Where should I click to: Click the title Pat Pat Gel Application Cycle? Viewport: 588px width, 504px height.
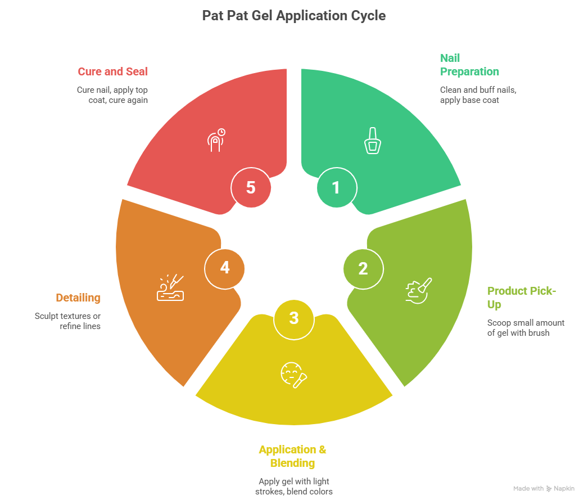293,15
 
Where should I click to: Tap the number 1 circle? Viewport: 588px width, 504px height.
336,187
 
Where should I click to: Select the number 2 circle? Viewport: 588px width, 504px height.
363,268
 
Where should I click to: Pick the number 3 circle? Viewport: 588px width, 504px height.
293,318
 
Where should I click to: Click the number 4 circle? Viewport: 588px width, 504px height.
224,268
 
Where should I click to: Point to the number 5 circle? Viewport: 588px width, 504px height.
251,187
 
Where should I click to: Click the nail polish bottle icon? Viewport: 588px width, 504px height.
372,141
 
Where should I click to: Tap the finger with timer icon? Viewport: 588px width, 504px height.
216,140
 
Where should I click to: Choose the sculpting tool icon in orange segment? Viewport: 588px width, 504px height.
170,288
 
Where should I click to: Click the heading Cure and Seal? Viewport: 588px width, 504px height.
112,71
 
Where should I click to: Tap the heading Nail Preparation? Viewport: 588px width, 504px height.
469,65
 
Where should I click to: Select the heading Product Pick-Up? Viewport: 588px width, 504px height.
522,298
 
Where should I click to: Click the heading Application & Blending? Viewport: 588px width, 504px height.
292,456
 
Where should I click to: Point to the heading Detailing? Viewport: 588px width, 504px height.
78,298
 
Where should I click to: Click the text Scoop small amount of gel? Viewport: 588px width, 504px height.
525,327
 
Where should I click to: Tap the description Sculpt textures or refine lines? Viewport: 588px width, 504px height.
67,321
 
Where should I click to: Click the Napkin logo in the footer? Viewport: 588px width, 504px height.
562,489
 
